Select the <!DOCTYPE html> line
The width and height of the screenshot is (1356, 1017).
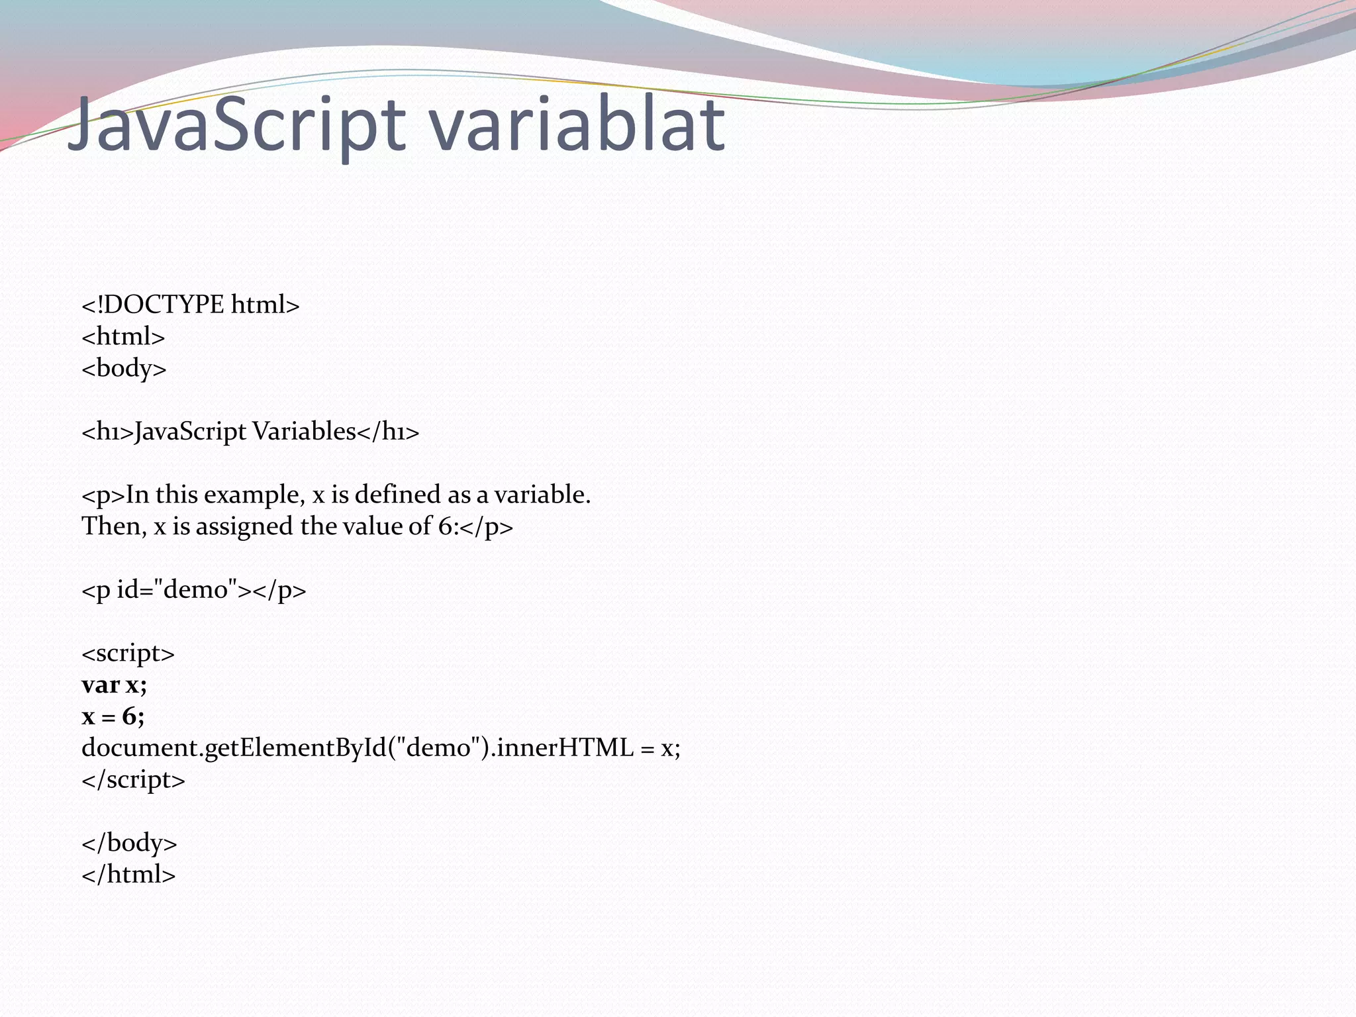pyautogui.click(x=191, y=305)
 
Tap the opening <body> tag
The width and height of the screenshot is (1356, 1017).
pyautogui.click(x=124, y=368)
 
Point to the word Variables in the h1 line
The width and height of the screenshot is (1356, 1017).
pyautogui.click(x=304, y=432)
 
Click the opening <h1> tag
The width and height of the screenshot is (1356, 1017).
pyautogui.click(x=107, y=432)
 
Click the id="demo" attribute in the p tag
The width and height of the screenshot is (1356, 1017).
pyautogui.click(x=177, y=589)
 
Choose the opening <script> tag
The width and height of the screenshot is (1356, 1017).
pyautogui.click(x=128, y=654)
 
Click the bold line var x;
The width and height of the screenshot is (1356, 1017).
pyautogui.click(x=114, y=685)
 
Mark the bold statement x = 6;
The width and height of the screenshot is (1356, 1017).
pyautogui.click(x=113, y=716)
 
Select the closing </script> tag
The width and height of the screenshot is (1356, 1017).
pyautogui.click(x=133, y=780)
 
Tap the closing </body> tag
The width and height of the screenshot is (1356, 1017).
pyautogui.click(x=129, y=843)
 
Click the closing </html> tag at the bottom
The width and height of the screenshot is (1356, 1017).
pyautogui.click(x=128, y=875)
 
